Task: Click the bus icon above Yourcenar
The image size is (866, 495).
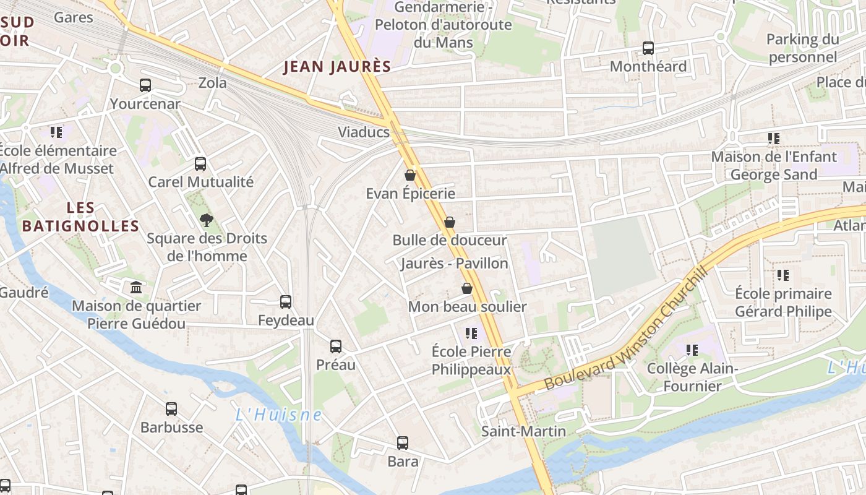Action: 145,85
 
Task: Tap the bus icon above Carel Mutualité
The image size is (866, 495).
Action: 200,164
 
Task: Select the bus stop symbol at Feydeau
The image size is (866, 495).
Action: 286,302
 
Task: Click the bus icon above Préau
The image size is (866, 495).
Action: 336,346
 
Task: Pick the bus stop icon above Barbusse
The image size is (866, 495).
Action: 171,409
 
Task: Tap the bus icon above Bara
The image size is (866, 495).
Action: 403,443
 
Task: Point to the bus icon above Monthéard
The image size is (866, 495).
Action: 648,48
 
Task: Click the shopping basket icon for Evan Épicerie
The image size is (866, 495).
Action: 410,175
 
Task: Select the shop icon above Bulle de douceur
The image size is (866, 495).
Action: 450,222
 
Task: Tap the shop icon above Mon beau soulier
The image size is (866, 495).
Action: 467,288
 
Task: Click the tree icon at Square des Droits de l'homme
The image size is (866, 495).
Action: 206,220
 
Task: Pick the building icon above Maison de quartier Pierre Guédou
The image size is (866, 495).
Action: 136,288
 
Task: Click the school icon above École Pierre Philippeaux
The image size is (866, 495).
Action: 471,334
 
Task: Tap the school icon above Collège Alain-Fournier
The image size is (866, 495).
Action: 692,350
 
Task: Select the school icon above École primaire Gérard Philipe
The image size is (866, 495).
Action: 783,275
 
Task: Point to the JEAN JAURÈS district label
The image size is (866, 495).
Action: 337,67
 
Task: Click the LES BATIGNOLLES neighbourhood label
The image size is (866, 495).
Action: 80,217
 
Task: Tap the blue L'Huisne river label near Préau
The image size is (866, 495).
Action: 278,415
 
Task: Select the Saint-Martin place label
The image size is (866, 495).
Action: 523,431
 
